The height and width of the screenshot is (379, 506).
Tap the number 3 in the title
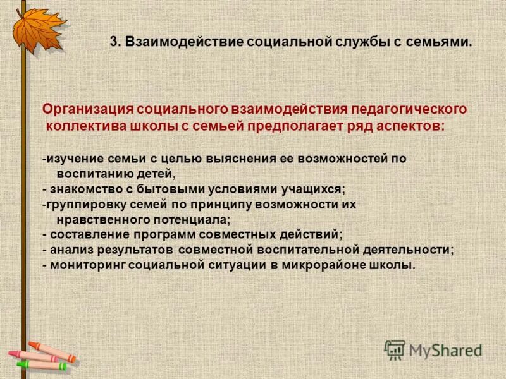click(113, 42)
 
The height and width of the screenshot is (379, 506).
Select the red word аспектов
click(414, 125)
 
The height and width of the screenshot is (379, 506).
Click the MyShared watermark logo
click(433, 349)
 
